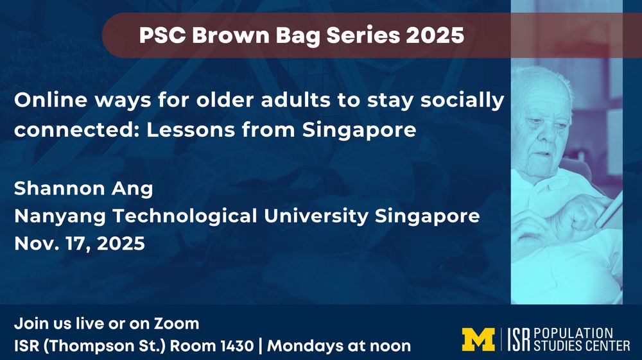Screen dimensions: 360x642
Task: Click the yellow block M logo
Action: click(478, 339)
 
